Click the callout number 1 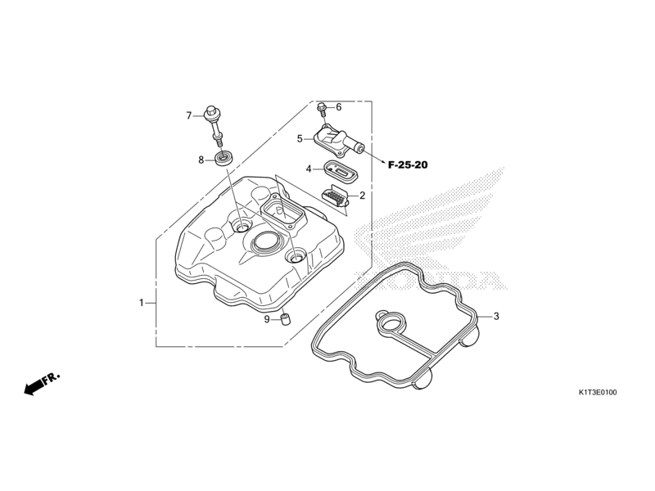(141, 303)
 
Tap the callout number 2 (362, 196)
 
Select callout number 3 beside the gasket (495, 316)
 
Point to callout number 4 (309, 169)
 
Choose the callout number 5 (300, 139)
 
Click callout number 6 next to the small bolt (338, 107)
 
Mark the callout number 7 (188, 115)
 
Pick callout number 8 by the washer (201, 160)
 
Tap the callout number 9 (267, 319)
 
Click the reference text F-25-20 (408, 164)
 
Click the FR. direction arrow (41, 384)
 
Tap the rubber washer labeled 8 (222, 156)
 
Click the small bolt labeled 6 (323, 107)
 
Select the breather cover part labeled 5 (336, 140)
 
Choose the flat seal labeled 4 (338, 172)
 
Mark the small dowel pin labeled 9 (287, 319)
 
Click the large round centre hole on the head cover (266, 241)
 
